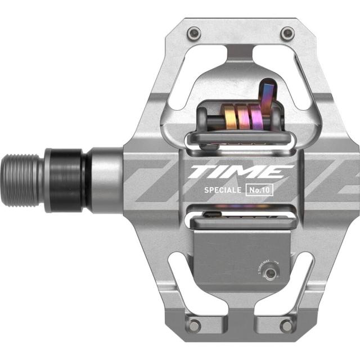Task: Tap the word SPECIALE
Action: point(223,190)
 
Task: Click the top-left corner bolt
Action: point(194,32)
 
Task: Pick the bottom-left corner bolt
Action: point(194,325)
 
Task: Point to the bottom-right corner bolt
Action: point(287,325)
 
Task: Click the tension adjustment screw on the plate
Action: point(272,274)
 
